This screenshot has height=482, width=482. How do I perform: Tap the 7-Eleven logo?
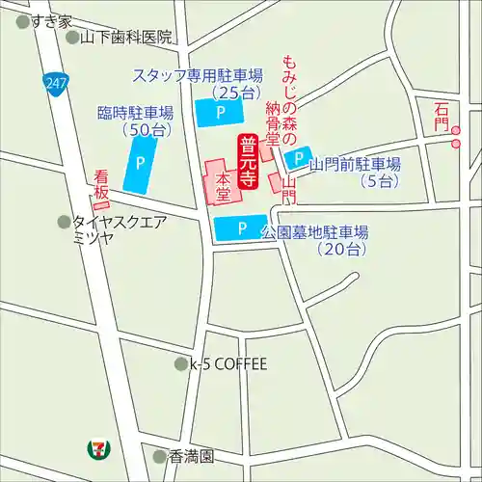97,448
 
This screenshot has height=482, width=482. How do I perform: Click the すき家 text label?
51,20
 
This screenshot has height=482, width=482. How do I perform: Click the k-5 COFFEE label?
228,364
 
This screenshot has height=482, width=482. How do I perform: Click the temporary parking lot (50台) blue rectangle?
142,164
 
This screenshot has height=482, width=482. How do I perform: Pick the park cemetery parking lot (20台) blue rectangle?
241,228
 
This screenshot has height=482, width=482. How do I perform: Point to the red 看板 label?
101,189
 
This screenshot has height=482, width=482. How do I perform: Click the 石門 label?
442,117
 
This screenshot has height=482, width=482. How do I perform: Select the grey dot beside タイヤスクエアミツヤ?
64,222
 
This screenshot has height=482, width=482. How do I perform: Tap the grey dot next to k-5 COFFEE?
180,364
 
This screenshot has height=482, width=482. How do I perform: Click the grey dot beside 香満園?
160,455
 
